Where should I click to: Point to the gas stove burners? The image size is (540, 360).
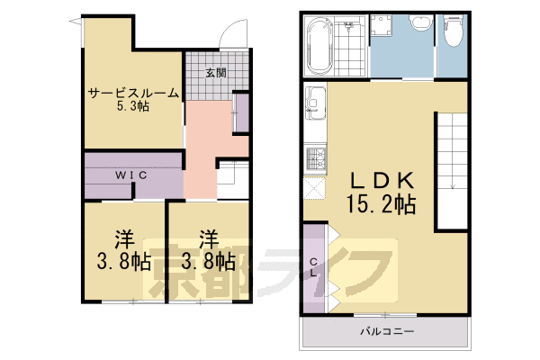316,160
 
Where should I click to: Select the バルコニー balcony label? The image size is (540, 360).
382,332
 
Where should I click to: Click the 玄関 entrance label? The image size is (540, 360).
214,73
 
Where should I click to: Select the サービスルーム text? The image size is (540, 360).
132,93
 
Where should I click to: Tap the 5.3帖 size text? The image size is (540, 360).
132,107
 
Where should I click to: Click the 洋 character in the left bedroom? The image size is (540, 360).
123,240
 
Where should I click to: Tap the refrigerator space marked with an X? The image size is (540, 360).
316,187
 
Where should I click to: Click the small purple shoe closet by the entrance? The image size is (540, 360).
241,112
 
